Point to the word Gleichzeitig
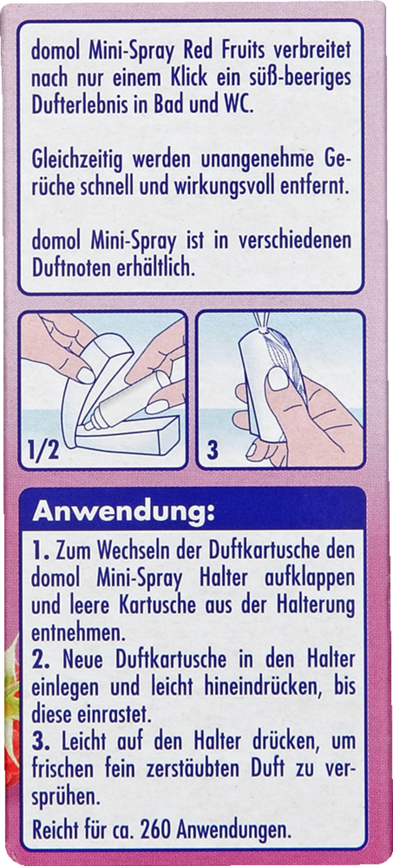[x=77, y=160]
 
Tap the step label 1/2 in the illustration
[x=44, y=450]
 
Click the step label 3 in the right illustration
[x=213, y=450]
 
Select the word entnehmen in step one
[x=79, y=633]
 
